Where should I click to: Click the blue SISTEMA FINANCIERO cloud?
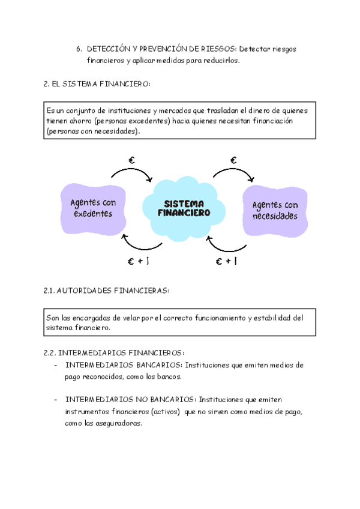pos(184,208)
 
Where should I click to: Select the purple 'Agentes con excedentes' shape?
pos(93,208)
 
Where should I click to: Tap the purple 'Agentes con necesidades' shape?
pos(275,210)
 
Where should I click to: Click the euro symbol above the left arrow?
pos(132,160)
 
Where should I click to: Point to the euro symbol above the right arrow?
pos(233,160)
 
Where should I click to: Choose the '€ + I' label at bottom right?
pos(226,261)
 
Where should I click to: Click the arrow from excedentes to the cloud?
pos(132,173)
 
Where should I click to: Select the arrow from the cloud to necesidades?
pos(234,173)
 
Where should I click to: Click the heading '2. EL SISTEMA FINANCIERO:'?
pos(97,84)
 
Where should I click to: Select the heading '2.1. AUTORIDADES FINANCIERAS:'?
pos(107,291)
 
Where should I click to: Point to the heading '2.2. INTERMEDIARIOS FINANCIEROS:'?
pos(114,352)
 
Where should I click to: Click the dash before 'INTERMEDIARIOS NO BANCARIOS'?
pos(56,399)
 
